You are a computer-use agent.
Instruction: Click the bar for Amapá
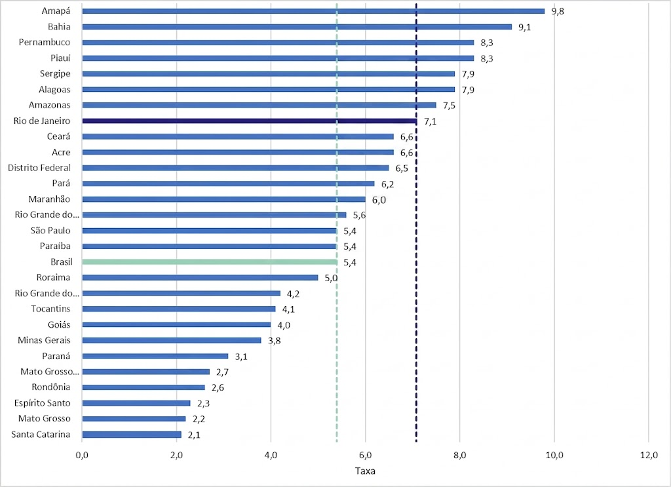coord(313,11)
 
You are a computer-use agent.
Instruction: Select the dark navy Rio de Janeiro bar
coord(250,121)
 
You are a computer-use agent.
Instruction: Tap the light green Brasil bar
coord(210,262)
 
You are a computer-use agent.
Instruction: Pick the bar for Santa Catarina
coord(132,435)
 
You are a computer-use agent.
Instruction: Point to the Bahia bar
coord(297,27)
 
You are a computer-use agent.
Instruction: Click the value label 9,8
coord(558,12)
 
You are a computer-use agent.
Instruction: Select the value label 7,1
coord(430,121)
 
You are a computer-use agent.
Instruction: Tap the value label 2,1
coord(194,435)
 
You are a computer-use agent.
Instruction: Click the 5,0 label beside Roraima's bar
coord(331,278)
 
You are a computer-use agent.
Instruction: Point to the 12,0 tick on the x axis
coord(649,456)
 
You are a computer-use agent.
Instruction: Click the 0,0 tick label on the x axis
coord(82,456)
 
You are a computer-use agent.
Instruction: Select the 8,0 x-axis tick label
coord(459,456)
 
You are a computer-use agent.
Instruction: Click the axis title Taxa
coord(365,471)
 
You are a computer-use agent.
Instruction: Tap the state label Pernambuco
coord(45,43)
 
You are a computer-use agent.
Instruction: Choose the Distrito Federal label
coord(39,168)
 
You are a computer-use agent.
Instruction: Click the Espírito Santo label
coord(43,403)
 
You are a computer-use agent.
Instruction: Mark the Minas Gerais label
coord(44,340)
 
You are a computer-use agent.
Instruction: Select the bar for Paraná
coord(155,356)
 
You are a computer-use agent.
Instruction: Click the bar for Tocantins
coord(179,309)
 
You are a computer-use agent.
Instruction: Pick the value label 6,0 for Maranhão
coord(379,200)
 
